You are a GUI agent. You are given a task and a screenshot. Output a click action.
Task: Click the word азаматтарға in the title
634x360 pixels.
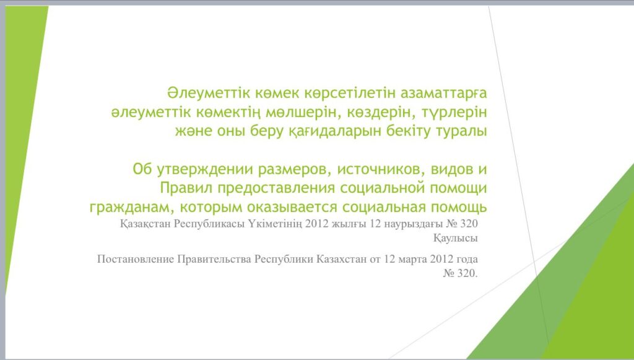443,94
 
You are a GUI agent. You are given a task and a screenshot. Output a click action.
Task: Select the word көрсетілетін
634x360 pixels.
350,94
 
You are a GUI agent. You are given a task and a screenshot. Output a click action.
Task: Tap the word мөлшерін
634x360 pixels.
301,112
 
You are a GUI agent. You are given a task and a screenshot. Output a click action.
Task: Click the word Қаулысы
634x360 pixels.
456,239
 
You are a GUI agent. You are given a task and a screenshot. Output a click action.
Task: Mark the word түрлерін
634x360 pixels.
454,112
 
